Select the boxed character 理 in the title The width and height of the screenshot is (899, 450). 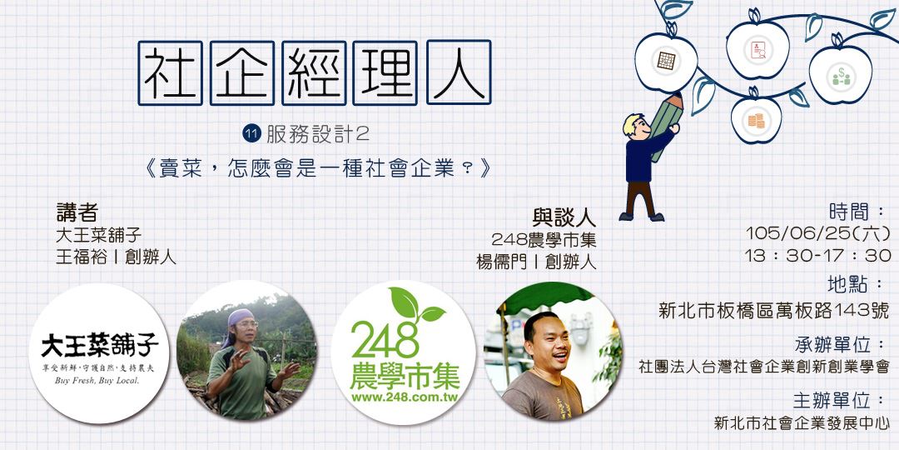[x=385, y=72]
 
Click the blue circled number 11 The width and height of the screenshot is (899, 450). [x=249, y=132]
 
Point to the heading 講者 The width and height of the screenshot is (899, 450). [x=77, y=212]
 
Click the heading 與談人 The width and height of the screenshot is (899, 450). [x=564, y=218]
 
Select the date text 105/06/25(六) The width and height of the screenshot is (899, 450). [x=817, y=232]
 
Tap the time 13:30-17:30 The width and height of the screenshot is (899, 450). [x=817, y=255]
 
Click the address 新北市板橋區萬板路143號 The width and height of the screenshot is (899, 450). [x=773, y=311]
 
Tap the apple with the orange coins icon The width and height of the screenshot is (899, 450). [x=756, y=120]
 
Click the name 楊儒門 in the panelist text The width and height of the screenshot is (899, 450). [x=498, y=261]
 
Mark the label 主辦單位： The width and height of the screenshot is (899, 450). [x=842, y=400]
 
